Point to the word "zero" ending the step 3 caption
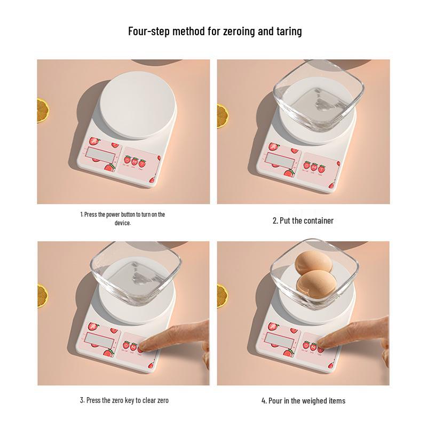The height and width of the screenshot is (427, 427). (162, 400)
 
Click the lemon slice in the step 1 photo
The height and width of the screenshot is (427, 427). (43, 109)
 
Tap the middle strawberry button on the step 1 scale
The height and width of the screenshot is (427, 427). (135, 160)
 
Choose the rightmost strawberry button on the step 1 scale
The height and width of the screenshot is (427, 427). (143, 160)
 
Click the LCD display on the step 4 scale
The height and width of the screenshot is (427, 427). (281, 338)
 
